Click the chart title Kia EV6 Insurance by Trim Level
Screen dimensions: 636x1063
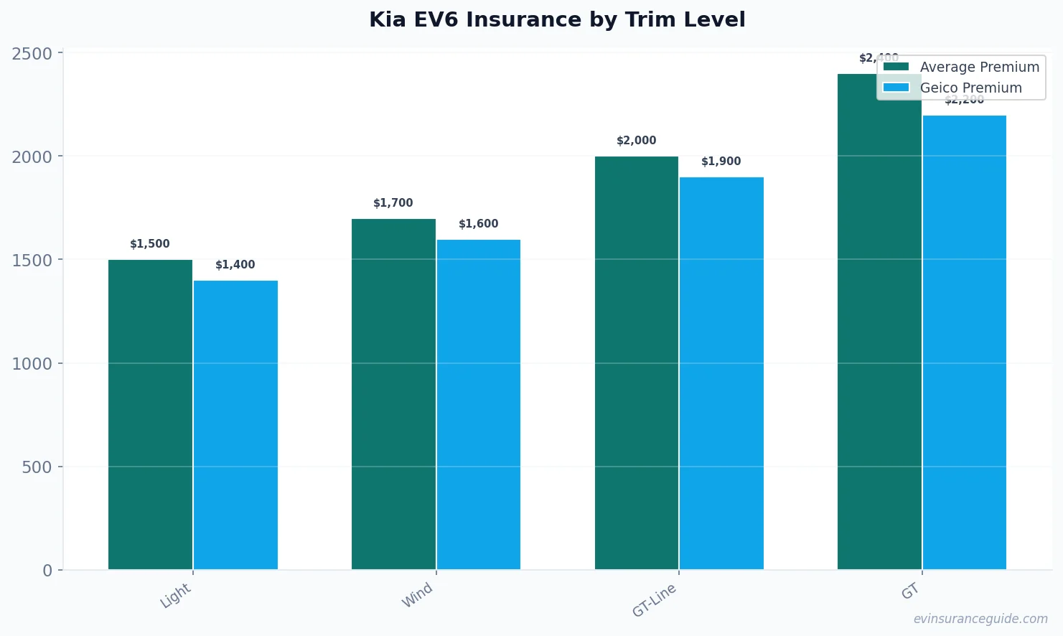(x=557, y=19)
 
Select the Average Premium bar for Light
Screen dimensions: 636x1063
(x=150, y=414)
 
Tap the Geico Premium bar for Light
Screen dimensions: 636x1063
(x=235, y=425)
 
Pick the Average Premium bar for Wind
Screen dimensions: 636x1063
(x=393, y=394)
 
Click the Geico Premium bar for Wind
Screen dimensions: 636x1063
(x=479, y=404)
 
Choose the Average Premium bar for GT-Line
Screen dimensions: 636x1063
(x=637, y=363)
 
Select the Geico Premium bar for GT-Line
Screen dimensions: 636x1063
(x=721, y=373)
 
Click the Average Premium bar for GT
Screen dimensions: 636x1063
(x=879, y=322)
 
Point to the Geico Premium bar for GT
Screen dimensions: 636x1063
(x=965, y=342)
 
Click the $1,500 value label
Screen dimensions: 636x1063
(x=150, y=244)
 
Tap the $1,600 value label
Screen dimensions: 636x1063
(x=479, y=224)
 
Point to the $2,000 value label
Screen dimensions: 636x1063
(x=637, y=141)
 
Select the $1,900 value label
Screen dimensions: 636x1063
(x=721, y=162)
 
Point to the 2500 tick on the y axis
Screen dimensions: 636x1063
(x=32, y=54)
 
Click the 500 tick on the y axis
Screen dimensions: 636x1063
(x=37, y=467)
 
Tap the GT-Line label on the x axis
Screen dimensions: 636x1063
(x=654, y=600)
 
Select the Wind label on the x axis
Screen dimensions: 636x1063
(x=417, y=595)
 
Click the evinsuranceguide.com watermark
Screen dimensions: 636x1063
(x=980, y=619)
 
